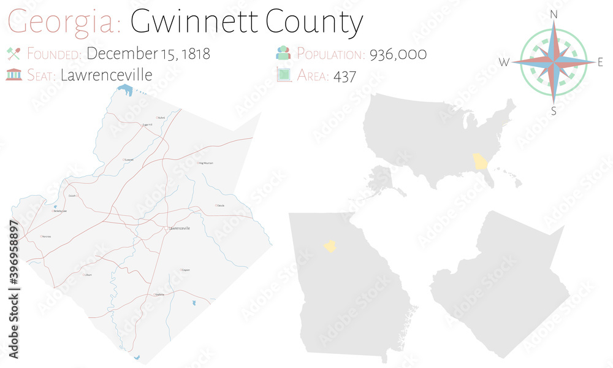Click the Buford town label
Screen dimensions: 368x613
[x=161, y=118]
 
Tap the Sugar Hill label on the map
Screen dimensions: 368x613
[x=147, y=125]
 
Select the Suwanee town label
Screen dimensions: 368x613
[x=129, y=159]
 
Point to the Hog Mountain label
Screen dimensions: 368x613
[x=205, y=163]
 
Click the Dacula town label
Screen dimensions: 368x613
[x=221, y=205]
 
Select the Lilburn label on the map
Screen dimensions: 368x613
[x=88, y=275]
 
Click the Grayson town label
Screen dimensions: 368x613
[x=185, y=270]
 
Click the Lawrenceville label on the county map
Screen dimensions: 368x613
[x=180, y=228]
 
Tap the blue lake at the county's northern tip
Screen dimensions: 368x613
[x=126, y=92]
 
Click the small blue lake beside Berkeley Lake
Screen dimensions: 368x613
[x=56, y=207]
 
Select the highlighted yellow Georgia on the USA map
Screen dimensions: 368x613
[x=479, y=163]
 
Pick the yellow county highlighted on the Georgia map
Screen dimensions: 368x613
[x=330, y=247]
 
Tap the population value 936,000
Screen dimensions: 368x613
[x=398, y=54]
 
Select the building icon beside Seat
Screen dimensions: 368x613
[x=13, y=75]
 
